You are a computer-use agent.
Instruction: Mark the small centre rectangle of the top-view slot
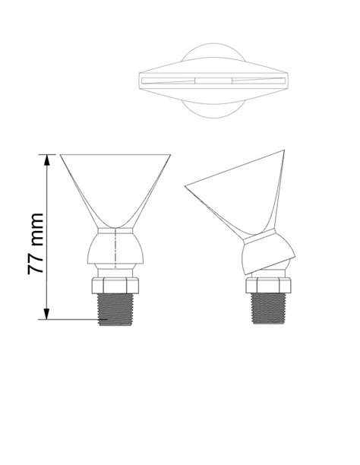point(213,80)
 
